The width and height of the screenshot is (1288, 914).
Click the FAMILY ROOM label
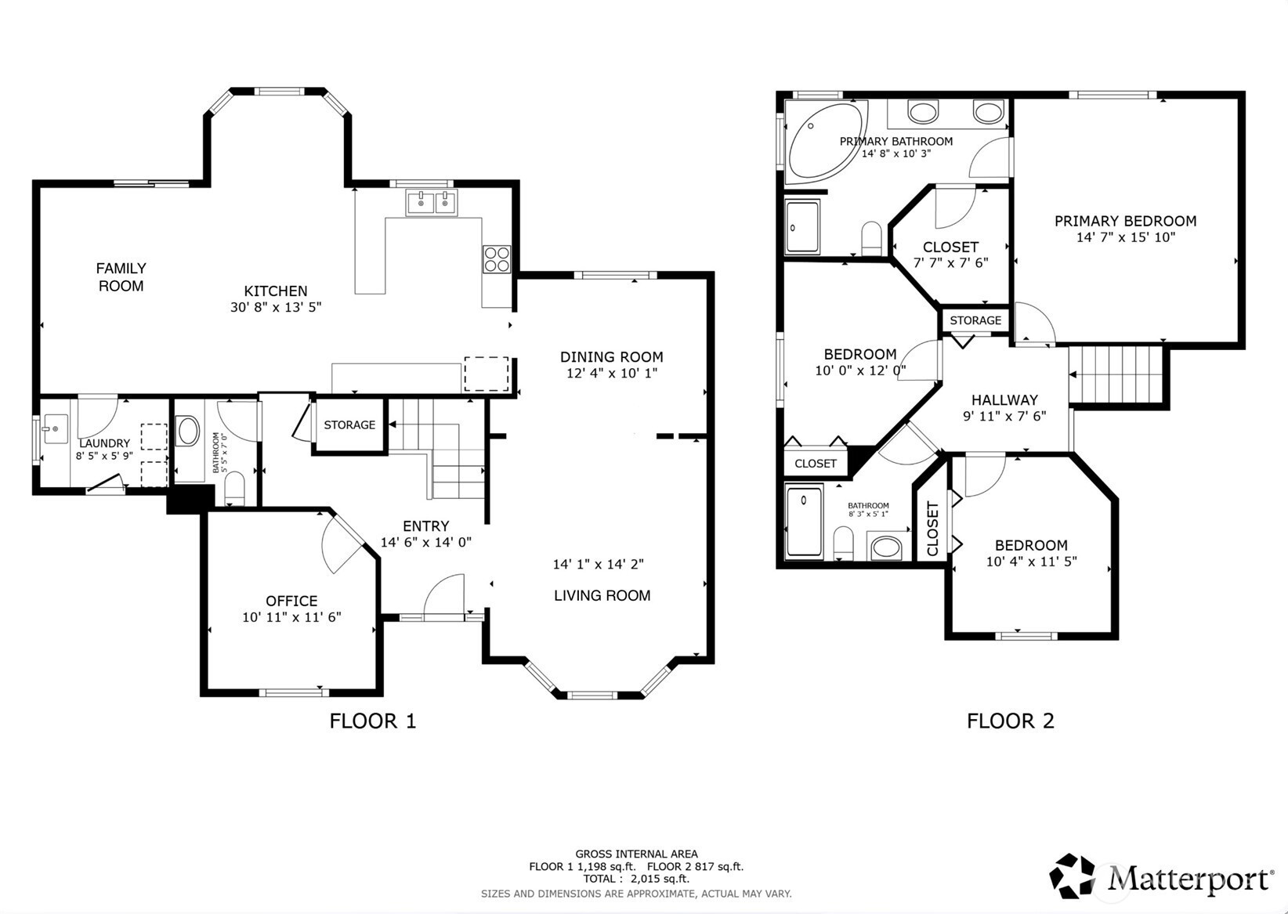click(x=121, y=276)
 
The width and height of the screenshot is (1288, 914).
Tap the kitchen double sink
click(x=431, y=202)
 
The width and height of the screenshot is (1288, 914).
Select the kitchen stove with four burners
click(x=497, y=258)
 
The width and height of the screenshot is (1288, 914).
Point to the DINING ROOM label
click(x=612, y=356)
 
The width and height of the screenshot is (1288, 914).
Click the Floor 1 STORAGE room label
click(x=349, y=424)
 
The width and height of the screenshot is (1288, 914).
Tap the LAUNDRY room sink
click(x=55, y=428)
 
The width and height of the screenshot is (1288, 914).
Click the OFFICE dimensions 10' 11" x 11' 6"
click(x=291, y=617)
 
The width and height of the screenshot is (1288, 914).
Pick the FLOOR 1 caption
click(x=373, y=721)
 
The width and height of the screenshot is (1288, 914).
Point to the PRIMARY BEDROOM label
click(x=1125, y=221)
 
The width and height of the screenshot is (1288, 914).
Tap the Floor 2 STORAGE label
click(x=975, y=320)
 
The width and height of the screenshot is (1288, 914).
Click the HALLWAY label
click(x=1004, y=399)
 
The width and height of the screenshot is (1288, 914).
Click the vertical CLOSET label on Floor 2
click(x=932, y=529)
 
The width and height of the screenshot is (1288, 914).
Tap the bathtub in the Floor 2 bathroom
click(x=805, y=521)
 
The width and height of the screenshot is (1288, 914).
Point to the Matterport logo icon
click(x=1071, y=876)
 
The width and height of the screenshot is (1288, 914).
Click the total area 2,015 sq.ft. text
click(x=660, y=878)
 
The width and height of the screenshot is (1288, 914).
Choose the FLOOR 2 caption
click(x=1011, y=721)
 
